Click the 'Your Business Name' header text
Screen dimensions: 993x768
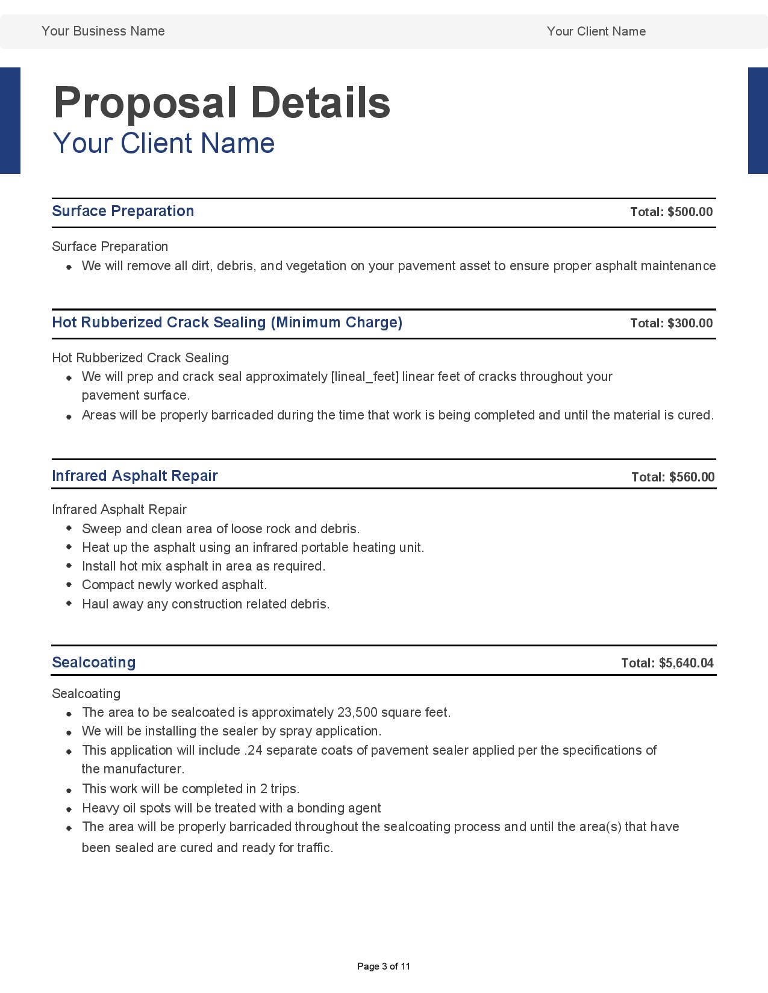click(103, 31)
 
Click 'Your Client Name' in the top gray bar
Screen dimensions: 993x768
click(596, 31)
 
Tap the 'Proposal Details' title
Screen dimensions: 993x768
click(222, 102)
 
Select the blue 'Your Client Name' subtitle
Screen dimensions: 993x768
click(163, 143)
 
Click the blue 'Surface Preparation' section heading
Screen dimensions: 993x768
click(123, 211)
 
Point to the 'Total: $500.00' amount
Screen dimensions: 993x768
click(671, 212)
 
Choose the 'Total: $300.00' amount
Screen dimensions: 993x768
click(671, 323)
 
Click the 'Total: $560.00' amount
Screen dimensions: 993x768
click(673, 477)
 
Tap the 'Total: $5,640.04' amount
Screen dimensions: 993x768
click(667, 663)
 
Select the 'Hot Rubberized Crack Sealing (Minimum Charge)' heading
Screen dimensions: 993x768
click(227, 323)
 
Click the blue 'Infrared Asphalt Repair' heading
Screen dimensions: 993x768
click(134, 476)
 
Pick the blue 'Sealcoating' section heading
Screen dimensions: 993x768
click(93, 663)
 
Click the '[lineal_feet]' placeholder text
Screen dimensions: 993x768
click(365, 377)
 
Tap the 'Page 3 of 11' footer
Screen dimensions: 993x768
click(384, 967)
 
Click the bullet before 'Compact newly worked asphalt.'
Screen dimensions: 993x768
click(69, 584)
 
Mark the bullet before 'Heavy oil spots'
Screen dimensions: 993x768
click(69, 808)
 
